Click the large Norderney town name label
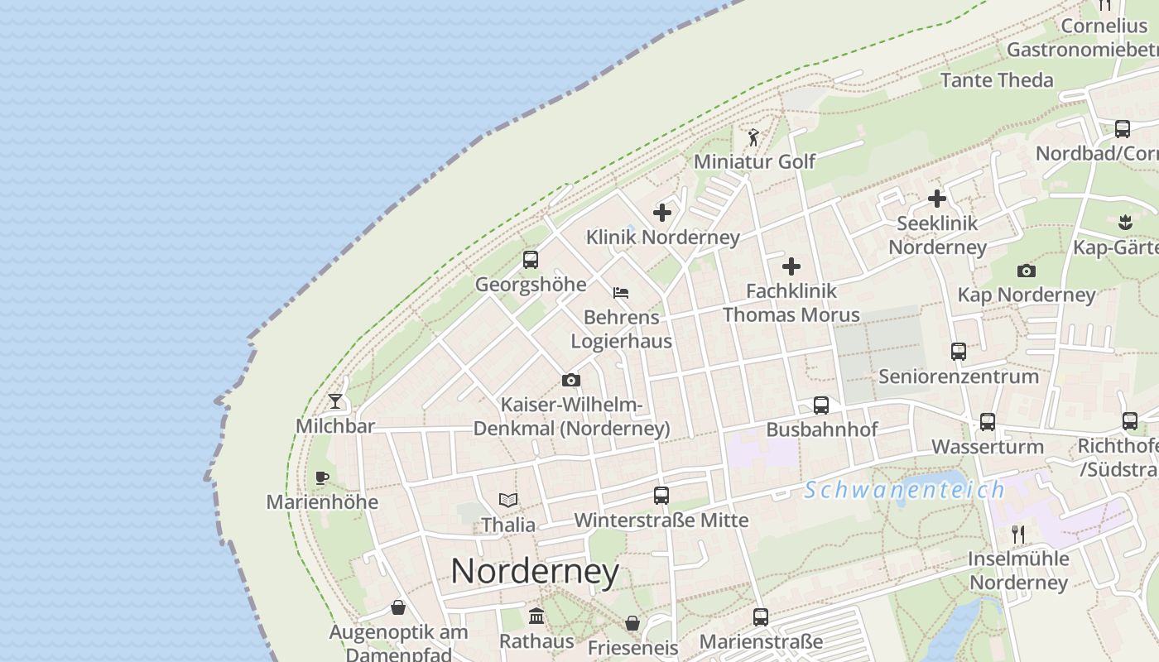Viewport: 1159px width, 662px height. click(x=535, y=571)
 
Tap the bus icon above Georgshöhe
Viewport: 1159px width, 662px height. click(x=531, y=260)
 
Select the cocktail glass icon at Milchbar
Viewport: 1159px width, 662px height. click(x=335, y=401)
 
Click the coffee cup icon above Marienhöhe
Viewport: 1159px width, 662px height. click(x=322, y=477)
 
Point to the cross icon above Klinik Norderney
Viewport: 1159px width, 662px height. click(x=662, y=213)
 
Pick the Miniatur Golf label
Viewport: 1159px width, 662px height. click(x=754, y=161)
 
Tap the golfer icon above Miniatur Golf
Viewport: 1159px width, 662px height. click(x=753, y=137)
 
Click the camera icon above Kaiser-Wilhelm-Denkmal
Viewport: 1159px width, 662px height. click(x=571, y=381)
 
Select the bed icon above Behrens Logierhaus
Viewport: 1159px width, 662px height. click(x=621, y=292)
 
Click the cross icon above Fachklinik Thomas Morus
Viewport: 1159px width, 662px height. click(x=791, y=266)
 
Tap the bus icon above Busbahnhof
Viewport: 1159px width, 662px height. click(x=821, y=405)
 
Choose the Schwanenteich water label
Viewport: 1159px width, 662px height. click(x=905, y=490)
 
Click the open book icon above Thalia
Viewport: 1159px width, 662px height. click(x=508, y=501)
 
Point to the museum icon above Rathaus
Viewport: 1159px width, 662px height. click(x=536, y=616)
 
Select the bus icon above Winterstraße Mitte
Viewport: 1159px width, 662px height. click(x=661, y=496)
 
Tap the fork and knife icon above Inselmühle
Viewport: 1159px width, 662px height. click(x=1018, y=534)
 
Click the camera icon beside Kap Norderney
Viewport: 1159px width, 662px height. click(x=1027, y=271)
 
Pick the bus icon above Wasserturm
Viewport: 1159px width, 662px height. click(x=988, y=422)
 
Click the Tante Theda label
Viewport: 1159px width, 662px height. click(x=997, y=80)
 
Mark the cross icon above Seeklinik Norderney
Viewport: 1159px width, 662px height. click(x=937, y=199)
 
